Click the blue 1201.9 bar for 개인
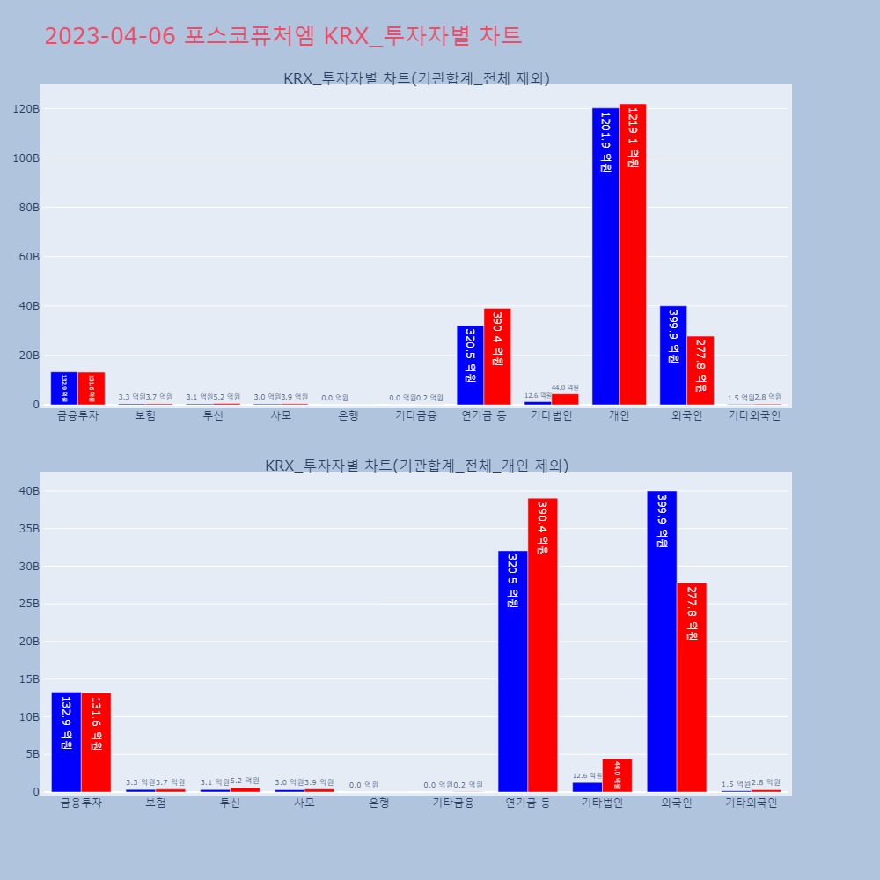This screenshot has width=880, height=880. pos(605,256)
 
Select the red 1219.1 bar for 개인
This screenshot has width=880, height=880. pos(633,254)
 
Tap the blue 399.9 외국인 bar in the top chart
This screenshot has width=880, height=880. pos(673,356)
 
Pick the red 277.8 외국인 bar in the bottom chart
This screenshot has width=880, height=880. pos(692,687)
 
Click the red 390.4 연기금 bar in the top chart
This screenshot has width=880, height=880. pos(497,356)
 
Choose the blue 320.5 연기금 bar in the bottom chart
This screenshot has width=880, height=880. pos(513,671)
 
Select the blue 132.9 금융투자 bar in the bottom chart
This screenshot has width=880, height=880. pos(66,742)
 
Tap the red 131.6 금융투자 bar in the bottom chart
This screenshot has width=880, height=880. pos(96,742)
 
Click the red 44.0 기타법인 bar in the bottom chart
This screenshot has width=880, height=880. pos(617,775)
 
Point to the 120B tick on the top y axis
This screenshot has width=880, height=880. pos(26,109)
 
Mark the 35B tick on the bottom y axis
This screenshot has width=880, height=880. pos(28,529)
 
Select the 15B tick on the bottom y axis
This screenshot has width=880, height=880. pos(28,679)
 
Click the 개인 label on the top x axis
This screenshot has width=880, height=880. pos(619,415)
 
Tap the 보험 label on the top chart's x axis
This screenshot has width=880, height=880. pos(145,415)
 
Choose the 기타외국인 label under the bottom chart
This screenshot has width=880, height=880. pos(751,803)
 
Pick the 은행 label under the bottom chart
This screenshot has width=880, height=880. pos(378,803)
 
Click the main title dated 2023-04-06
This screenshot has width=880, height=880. pos(282,36)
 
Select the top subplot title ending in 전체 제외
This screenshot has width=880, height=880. pos(416,78)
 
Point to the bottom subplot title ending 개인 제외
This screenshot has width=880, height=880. pos(416,466)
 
